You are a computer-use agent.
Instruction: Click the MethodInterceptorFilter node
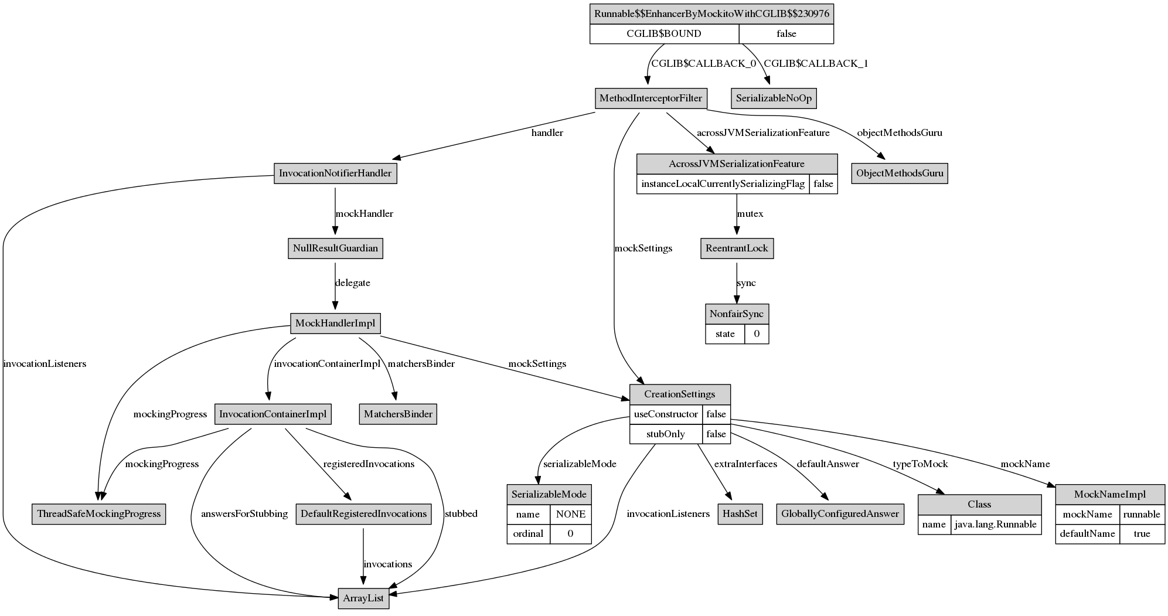point(651,98)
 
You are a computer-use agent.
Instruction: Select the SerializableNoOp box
point(774,98)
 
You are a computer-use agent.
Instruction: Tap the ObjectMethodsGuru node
point(900,173)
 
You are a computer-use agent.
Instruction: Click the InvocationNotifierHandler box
point(335,173)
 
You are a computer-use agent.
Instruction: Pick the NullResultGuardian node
point(335,249)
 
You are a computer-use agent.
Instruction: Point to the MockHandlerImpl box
point(335,324)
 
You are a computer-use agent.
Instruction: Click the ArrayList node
point(363,598)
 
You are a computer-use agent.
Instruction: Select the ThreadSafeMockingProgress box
point(98,514)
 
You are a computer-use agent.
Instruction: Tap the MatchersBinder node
point(398,414)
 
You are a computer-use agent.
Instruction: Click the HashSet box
point(740,514)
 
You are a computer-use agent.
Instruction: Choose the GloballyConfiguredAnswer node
point(840,514)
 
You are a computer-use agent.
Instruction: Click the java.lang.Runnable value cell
point(996,525)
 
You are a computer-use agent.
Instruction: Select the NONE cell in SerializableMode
point(570,515)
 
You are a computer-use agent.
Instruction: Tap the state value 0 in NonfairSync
point(757,334)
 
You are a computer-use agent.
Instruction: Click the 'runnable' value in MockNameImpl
point(1142,515)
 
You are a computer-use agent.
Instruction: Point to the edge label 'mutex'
point(750,214)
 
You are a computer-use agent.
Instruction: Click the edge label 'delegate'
point(353,283)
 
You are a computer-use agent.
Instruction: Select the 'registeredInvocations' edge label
point(369,464)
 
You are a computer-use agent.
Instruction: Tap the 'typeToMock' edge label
point(920,464)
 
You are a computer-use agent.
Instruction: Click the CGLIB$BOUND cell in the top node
point(664,34)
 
